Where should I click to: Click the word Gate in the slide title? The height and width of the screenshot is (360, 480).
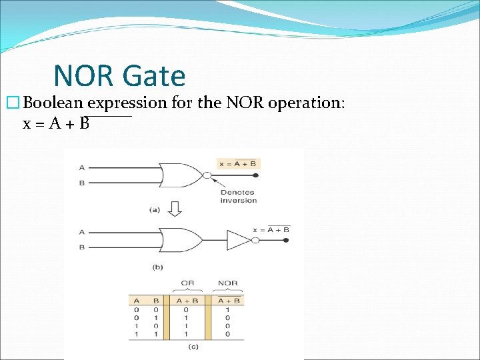click(x=153, y=76)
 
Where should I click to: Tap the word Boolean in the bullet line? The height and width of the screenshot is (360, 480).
click(x=54, y=103)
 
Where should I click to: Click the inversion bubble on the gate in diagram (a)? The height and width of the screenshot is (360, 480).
click(x=207, y=176)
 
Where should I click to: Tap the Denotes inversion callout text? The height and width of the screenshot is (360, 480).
click(x=238, y=197)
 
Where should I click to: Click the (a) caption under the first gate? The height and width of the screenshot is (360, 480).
click(x=155, y=209)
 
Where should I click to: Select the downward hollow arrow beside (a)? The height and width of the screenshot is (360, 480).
click(x=174, y=209)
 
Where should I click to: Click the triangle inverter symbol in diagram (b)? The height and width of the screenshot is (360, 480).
click(x=238, y=239)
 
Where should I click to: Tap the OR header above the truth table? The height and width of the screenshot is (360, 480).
click(x=187, y=283)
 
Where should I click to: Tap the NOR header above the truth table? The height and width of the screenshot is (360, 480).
click(x=227, y=283)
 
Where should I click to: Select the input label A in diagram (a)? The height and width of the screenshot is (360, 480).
click(x=81, y=167)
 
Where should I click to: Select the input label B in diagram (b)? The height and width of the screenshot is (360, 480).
click(x=81, y=247)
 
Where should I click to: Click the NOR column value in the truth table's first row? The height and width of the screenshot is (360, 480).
click(x=227, y=309)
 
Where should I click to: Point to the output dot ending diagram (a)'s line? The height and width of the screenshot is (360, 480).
click(x=257, y=176)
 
